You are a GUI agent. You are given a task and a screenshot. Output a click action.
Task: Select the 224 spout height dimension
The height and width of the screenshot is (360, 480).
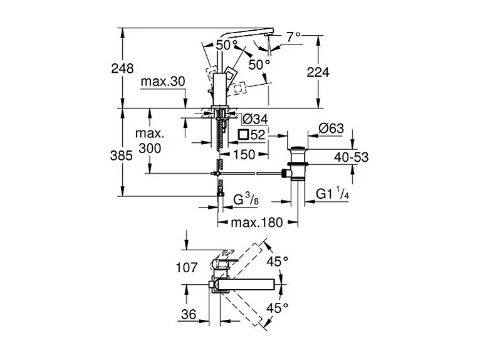318,72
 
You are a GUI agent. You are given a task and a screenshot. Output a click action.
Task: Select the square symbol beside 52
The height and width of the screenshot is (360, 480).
244,135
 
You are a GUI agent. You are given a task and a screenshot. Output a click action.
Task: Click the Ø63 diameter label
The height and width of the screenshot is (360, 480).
331,129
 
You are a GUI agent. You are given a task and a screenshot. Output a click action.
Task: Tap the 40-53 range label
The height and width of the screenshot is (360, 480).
350,157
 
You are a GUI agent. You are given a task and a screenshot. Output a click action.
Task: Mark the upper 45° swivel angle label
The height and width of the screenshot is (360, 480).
277,260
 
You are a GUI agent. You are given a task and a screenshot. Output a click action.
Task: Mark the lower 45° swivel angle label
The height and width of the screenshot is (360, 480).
277,307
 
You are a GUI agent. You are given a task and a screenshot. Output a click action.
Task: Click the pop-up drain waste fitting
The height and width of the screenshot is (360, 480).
297,164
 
